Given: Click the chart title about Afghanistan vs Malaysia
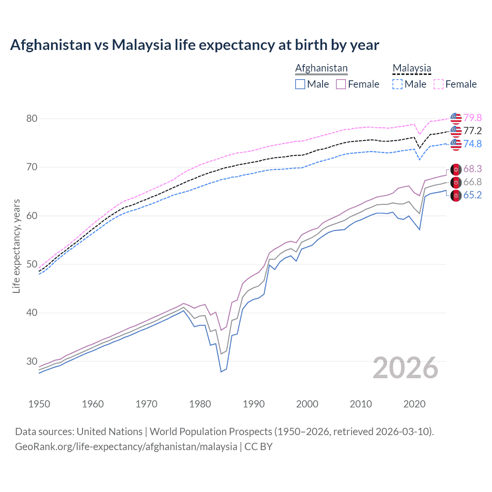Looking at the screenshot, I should [x=194, y=45].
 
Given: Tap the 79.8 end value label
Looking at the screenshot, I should [x=472, y=118].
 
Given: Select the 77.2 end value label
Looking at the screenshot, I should [x=472, y=131].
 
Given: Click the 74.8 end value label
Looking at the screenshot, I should [x=472, y=144].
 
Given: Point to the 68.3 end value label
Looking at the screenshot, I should [x=472, y=169].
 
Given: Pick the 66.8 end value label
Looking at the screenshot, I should [x=472, y=182].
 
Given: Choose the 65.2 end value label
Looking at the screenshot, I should [x=472, y=195].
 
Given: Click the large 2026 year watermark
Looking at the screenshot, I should [x=406, y=368].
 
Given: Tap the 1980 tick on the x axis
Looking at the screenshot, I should [x=200, y=404].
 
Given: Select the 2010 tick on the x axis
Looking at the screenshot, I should [x=361, y=404].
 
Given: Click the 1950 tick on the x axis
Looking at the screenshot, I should [x=40, y=404].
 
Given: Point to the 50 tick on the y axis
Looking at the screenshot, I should [x=32, y=264].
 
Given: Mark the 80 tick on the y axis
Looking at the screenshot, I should [x=32, y=118].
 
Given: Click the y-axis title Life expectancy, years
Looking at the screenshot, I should [x=16, y=246].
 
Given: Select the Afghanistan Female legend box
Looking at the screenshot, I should [x=341, y=84].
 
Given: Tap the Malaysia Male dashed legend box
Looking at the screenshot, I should [x=397, y=84].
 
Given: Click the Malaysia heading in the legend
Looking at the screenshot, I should [x=412, y=68].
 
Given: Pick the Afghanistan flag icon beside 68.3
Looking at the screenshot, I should [x=456, y=169].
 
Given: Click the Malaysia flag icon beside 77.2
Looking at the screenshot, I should [x=456, y=131].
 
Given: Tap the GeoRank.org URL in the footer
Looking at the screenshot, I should [x=126, y=447].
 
